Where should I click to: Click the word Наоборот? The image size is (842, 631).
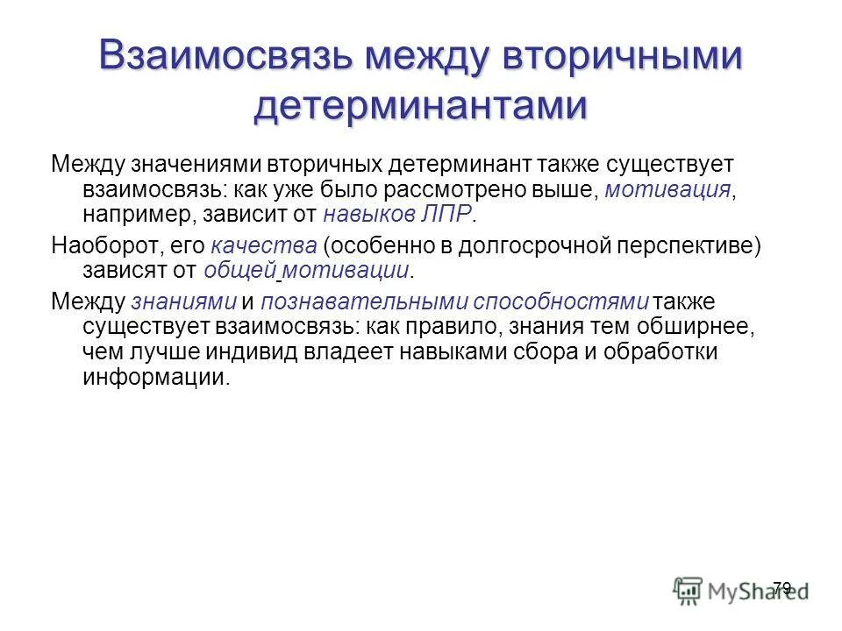coord(102,246)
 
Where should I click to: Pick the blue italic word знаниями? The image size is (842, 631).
coord(183,302)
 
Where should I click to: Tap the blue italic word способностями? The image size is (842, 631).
coord(562,302)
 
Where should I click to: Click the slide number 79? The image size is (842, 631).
coord(782,587)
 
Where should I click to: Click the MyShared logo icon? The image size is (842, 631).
coord(688,589)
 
